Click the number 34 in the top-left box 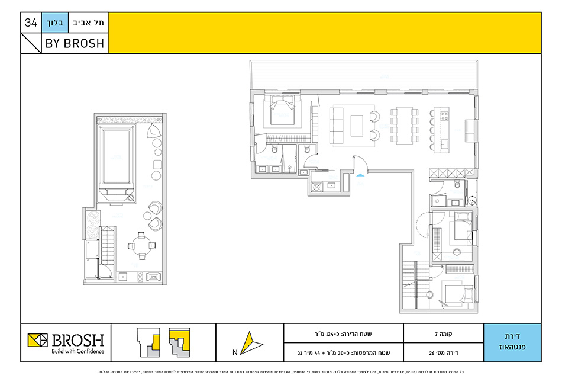[x=31, y=23]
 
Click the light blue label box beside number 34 [x=55, y=23]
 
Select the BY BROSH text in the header [x=75, y=43]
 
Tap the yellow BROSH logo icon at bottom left [x=38, y=341]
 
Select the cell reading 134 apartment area [x=344, y=333]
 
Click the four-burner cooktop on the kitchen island [x=444, y=113]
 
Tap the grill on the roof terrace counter [x=153, y=275]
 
